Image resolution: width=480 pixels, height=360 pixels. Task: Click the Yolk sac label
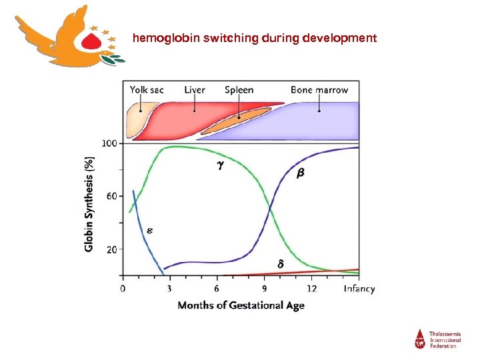click(x=147, y=90)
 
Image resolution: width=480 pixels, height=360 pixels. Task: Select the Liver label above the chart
click(x=195, y=90)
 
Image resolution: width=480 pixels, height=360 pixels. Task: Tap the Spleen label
click(x=239, y=90)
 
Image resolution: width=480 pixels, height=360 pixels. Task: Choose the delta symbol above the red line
click(x=280, y=265)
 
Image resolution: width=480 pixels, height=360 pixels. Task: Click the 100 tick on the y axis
click(x=109, y=143)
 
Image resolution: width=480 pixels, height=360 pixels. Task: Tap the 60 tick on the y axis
click(x=112, y=196)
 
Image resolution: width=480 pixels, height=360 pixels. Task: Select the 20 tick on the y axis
click(x=112, y=249)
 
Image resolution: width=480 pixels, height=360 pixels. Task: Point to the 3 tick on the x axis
click(x=169, y=289)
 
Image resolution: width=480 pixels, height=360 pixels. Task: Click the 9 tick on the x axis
click(x=265, y=289)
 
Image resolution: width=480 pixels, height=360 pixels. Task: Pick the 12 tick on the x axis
click(x=311, y=289)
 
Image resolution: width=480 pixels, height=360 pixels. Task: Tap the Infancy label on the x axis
click(x=359, y=289)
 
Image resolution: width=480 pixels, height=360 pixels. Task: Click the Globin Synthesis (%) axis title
click(x=89, y=204)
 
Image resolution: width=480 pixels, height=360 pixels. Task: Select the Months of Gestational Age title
click(x=241, y=305)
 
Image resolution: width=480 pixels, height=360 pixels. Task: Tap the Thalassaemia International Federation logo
click(x=437, y=338)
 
